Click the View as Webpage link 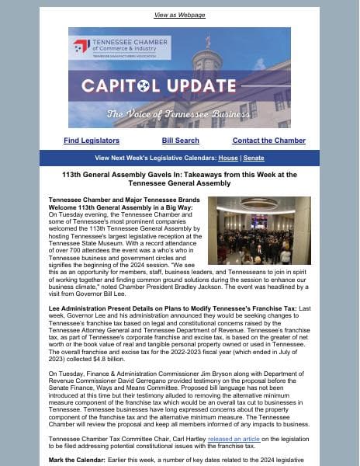point(179,15)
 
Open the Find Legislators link point(92,141)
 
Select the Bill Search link point(180,141)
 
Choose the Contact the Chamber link point(268,141)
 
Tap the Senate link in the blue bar point(254,158)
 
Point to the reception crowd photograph point(259,231)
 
